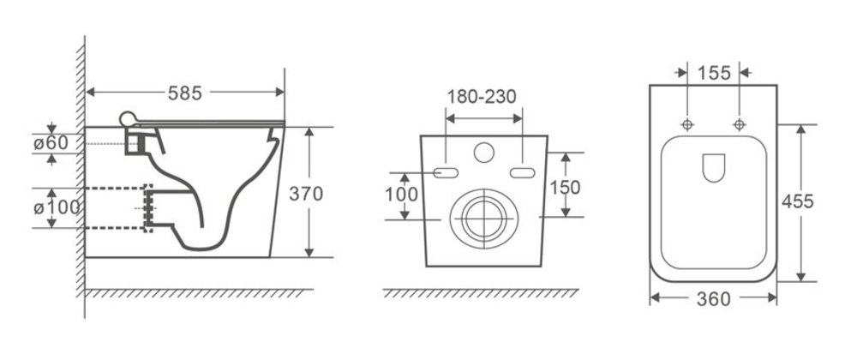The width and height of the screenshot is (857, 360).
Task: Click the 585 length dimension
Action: [185, 93]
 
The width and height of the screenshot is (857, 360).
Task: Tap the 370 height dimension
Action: [306, 194]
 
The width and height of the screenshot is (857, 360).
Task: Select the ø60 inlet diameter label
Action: [51, 143]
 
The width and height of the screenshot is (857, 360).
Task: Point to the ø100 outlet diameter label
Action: [57, 207]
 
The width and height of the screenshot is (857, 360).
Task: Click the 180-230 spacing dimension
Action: [482, 97]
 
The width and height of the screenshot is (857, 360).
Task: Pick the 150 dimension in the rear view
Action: [565, 188]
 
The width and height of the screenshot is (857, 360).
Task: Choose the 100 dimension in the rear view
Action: [402, 195]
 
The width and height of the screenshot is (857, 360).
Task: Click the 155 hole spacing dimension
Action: [714, 73]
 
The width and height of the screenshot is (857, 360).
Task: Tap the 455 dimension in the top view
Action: [797, 201]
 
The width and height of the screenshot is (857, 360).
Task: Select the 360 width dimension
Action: [713, 299]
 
